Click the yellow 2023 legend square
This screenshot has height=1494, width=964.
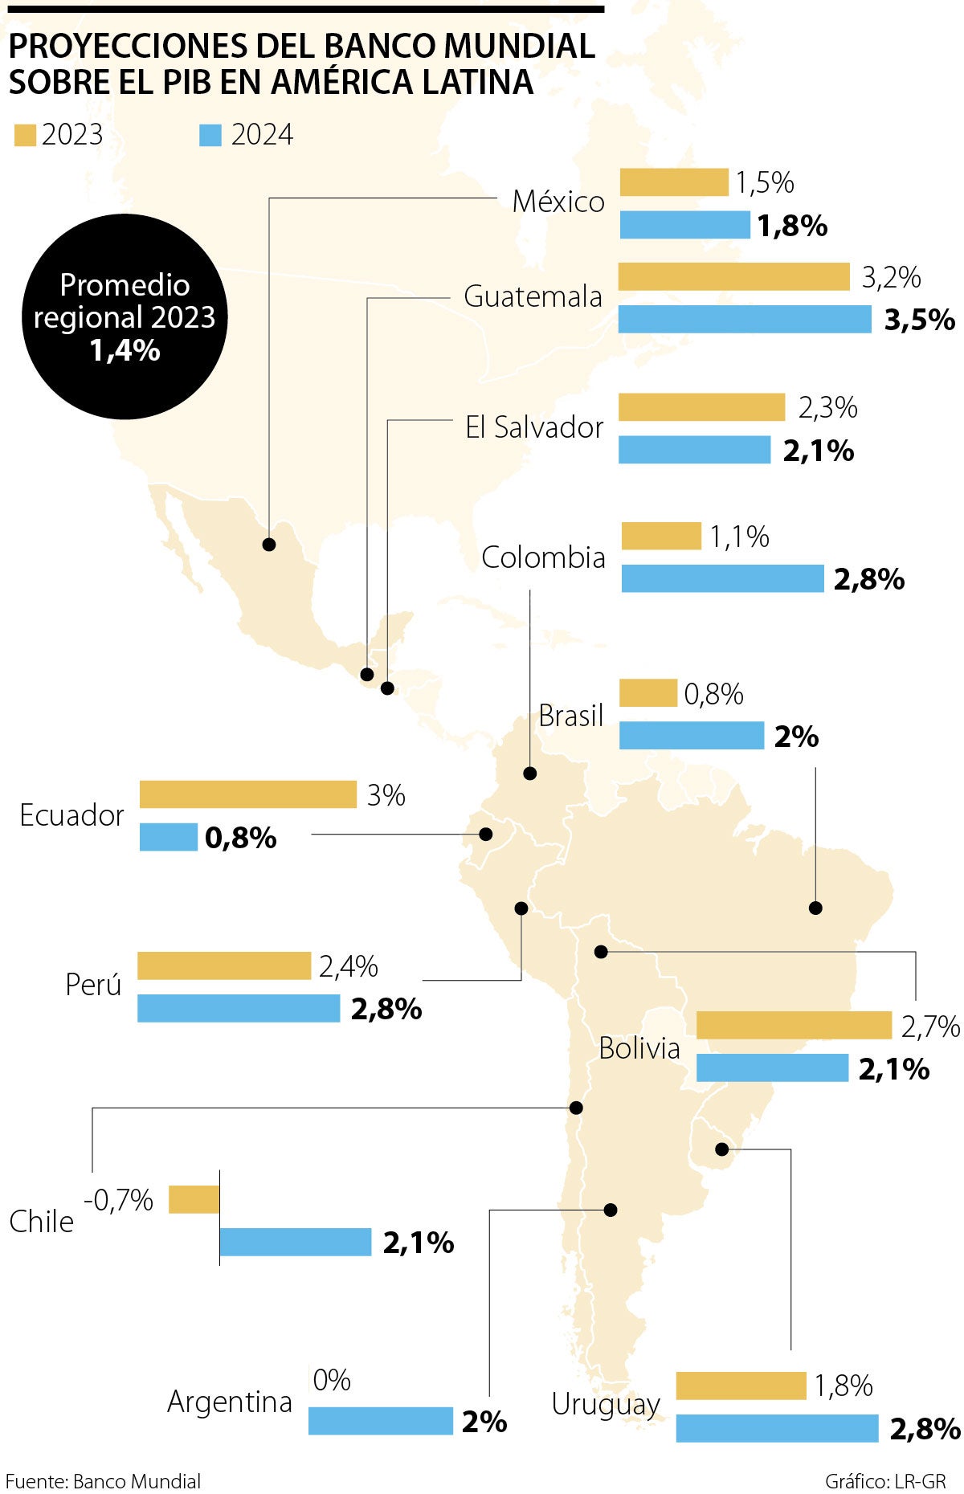point(25,135)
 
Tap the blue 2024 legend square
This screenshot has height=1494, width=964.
point(210,135)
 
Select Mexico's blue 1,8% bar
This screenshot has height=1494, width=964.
point(684,225)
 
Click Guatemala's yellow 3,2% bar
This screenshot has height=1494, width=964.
point(733,276)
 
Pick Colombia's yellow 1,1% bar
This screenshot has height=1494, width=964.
point(661,536)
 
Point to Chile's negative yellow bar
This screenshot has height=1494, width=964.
point(194,1199)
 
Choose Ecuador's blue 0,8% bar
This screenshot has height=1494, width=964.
point(169,837)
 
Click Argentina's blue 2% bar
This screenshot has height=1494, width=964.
point(381,1420)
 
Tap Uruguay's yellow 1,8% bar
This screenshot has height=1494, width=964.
point(741,1386)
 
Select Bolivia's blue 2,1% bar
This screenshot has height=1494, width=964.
point(772,1067)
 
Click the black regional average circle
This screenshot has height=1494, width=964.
point(125,316)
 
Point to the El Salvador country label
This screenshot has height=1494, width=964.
point(534,427)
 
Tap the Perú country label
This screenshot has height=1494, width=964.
point(93,984)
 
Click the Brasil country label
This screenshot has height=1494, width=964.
point(570,715)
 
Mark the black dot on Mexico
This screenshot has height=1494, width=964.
point(269,545)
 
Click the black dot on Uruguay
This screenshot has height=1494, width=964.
point(721,1149)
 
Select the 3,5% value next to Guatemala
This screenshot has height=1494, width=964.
point(919,320)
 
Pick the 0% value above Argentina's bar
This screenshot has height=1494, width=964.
point(332,1380)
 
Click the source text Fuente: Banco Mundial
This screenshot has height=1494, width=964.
point(103,1481)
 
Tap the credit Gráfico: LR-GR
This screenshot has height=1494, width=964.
point(885,1481)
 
